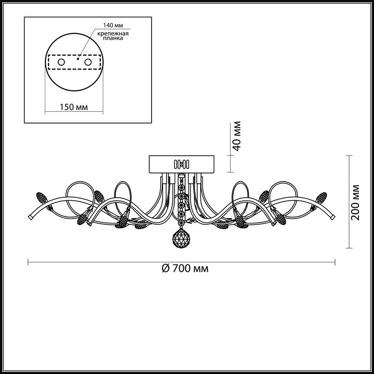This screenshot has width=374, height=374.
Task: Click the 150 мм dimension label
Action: point(74,107)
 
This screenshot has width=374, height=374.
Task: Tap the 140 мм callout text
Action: point(113,25)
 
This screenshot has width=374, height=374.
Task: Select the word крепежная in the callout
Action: point(113,33)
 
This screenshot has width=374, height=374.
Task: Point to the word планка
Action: point(113,38)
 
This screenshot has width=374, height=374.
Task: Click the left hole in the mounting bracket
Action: point(61,62)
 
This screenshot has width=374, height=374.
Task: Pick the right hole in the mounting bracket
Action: point(88,62)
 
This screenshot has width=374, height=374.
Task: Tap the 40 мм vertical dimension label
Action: point(237,136)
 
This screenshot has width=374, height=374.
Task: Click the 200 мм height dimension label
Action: point(355,202)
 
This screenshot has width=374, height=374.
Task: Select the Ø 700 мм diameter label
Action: point(185,269)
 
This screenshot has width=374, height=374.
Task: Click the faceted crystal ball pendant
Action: point(181,238)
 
